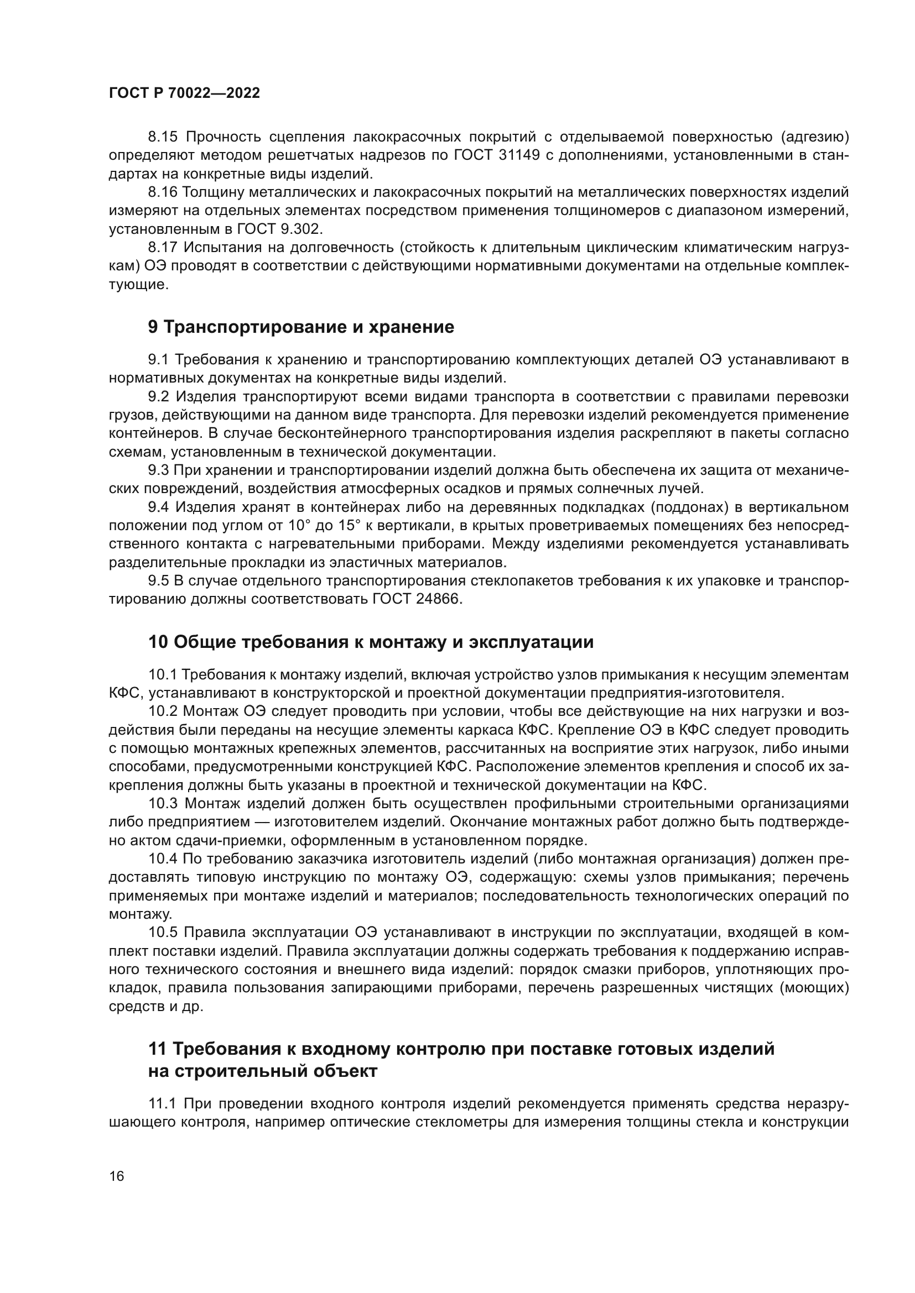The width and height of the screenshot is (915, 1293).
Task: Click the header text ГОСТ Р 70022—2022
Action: pyautogui.click(x=184, y=93)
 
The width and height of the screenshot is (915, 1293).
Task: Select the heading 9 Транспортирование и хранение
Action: pyautogui.click(x=301, y=327)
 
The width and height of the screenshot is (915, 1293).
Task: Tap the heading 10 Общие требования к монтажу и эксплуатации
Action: pyautogui.click(x=371, y=642)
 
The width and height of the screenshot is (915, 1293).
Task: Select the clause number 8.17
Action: pyautogui.click(x=163, y=248)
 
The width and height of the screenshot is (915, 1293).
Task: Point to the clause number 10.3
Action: pyautogui.click(x=163, y=804)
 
